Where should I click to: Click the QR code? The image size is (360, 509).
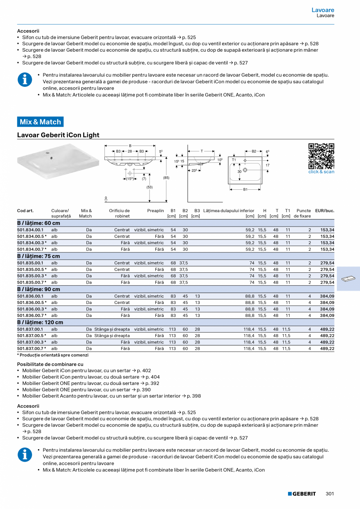[321, 156]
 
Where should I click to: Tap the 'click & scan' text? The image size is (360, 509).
[321, 172]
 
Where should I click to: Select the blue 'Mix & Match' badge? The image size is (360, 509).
[40, 122]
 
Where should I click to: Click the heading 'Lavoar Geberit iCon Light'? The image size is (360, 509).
[58, 135]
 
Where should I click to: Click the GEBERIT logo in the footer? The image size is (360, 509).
[302, 494]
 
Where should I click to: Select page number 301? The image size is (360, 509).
[329, 494]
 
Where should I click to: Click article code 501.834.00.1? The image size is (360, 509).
[30, 230]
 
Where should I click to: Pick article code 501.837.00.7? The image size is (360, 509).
[31, 348]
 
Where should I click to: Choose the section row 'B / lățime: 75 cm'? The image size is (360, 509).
[39, 256]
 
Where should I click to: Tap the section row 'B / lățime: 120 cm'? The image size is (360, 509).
[40, 322]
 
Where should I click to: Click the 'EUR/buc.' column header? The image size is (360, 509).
[324, 210]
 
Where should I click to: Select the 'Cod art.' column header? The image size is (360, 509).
[25, 210]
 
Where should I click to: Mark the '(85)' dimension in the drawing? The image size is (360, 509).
[166, 178]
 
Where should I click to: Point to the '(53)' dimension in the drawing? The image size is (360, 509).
[149, 187]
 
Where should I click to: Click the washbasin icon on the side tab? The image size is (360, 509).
[348, 279]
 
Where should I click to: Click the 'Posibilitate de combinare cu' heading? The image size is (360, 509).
[50, 364]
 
